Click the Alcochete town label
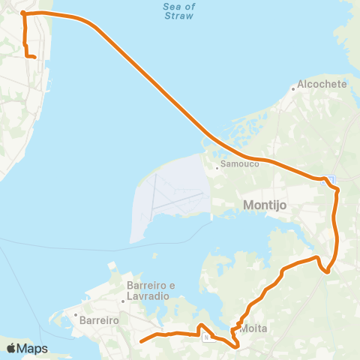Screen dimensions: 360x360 click(322, 84)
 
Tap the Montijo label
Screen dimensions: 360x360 click(261, 204)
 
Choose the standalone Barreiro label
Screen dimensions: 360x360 click(100, 319)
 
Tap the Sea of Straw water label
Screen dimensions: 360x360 click(178, 11)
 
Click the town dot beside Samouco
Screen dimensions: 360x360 click(217, 168)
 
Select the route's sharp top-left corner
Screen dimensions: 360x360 click(24, 13)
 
